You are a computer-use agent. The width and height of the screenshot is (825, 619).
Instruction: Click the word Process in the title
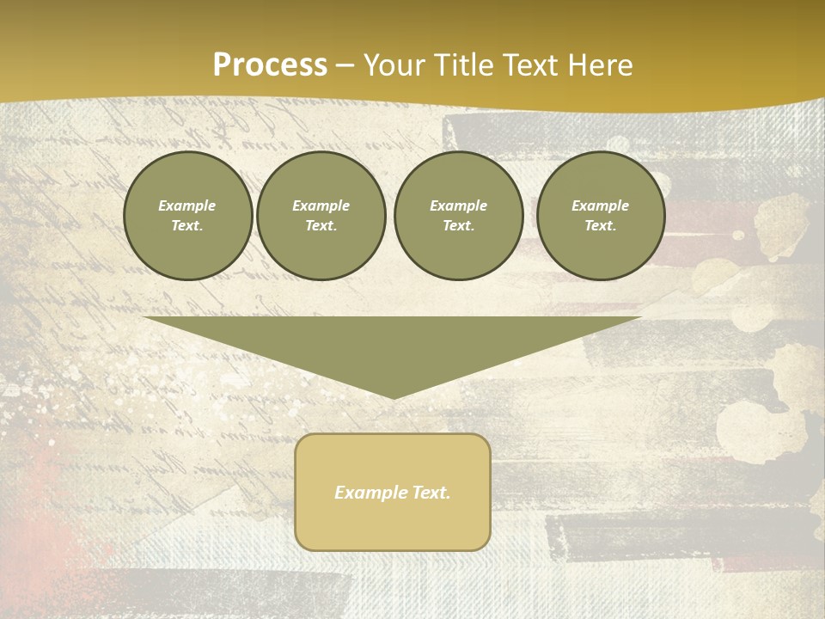click(x=270, y=65)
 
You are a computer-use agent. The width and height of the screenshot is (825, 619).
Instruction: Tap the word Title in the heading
click(x=466, y=65)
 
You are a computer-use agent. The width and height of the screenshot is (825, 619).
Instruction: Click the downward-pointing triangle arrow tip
click(x=394, y=394)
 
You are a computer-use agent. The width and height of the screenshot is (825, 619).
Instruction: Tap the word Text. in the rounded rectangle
click(x=431, y=493)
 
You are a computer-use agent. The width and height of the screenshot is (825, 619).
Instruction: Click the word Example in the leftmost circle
click(x=187, y=205)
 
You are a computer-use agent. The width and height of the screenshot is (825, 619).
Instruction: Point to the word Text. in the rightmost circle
click(x=600, y=225)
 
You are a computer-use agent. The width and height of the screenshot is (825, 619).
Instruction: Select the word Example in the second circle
click(x=321, y=205)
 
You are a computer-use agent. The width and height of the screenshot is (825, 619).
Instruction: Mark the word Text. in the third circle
click(x=458, y=225)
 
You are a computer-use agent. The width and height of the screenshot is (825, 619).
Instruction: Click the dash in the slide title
click(x=345, y=65)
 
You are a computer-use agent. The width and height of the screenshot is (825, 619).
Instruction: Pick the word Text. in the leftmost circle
click(x=187, y=225)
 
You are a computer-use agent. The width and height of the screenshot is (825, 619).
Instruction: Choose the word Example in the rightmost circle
click(x=600, y=205)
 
